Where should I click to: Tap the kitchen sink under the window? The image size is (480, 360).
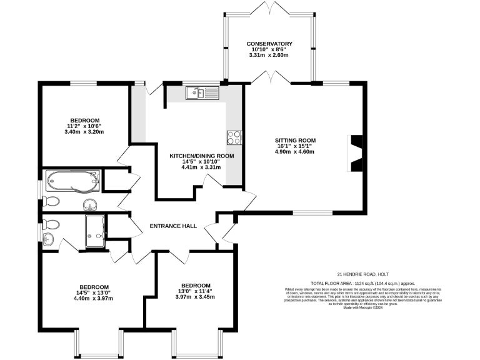click(x=201, y=93)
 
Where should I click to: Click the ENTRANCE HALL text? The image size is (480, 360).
click(x=173, y=226)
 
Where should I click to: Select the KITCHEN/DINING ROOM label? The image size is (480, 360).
click(x=202, y=156)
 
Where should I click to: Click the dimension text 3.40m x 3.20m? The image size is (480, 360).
click(x=84, y=132)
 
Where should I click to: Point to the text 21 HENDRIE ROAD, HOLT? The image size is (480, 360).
click(x=366, y=274)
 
